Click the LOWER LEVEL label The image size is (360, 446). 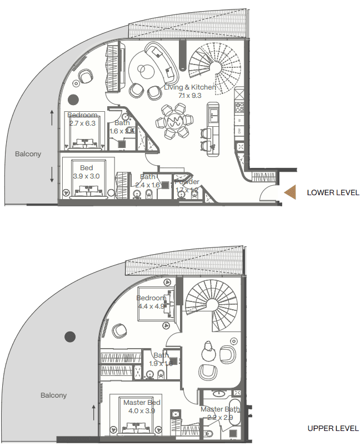333,193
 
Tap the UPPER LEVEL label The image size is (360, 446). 333,429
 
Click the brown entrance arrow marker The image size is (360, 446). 292,192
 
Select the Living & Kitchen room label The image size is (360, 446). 189,87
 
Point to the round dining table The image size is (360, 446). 176,122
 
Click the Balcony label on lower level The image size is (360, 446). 28,154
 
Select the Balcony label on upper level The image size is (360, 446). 53,395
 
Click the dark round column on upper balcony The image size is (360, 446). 69,336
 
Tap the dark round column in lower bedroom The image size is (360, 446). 73,100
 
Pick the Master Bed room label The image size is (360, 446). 142,403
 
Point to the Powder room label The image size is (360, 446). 187,182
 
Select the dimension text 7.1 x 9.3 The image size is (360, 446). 189,96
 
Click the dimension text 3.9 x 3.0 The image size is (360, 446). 86,176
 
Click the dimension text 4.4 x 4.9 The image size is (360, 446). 151,306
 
